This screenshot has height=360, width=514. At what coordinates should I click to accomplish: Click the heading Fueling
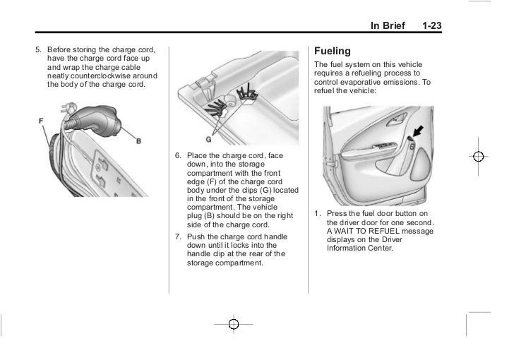pos(332,52)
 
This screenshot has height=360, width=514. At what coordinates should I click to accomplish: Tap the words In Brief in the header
pos(389,26)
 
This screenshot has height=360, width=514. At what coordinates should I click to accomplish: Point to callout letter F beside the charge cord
pos(42,121)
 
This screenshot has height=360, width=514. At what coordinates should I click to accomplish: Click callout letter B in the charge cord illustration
pos(138,141)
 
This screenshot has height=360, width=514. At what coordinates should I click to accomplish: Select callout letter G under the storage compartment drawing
pos(208,138)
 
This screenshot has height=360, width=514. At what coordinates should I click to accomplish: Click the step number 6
pos(177,155)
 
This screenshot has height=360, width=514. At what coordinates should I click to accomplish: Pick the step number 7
pos(177,236)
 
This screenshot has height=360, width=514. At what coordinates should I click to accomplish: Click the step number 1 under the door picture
pos(318,214)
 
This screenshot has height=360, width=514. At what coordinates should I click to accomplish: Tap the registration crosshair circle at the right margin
pos(478,157)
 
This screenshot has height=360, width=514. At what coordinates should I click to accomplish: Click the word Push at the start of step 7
pos(196,236)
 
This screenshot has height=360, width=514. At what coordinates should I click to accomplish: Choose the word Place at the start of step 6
pos(198,155)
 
